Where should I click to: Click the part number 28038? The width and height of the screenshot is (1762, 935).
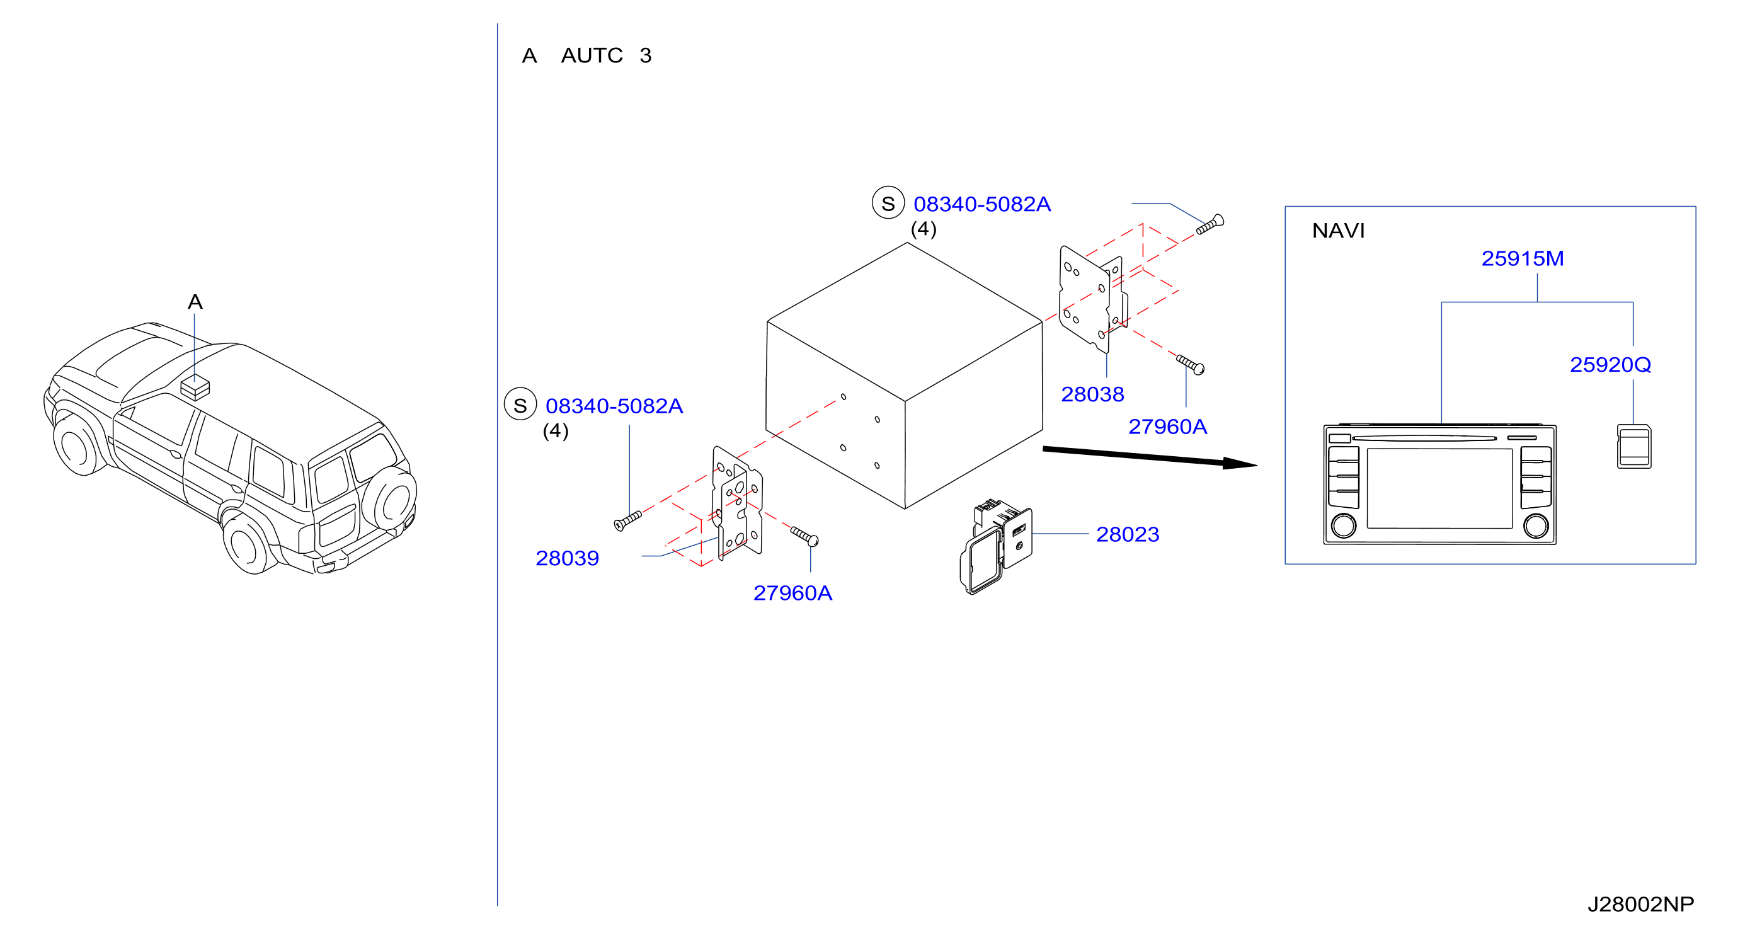coord(1092,394)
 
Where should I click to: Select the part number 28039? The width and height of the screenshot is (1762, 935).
coord(567,559)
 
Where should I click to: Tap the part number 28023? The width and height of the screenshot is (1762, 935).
coord(1127,535)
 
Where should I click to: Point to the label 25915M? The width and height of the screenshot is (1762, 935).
coord(1523,258)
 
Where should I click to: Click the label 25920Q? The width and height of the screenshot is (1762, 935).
coord(1610,365)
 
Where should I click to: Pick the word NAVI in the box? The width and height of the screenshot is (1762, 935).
coord(1338,231)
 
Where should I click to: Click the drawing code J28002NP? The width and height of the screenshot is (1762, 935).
coord(1640,905)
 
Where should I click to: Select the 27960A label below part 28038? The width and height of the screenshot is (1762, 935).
coord(1167,427)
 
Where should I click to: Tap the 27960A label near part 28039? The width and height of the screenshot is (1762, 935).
coord(792,594)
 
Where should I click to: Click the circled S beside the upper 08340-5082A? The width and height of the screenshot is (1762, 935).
coord(888,203)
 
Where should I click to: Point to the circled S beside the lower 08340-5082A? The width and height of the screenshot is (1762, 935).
coord(520,405)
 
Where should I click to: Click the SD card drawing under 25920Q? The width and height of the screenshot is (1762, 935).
coord(1634,447)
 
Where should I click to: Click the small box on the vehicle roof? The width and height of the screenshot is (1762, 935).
coord(195,388)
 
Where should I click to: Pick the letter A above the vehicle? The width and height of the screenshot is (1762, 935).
coord(195,302)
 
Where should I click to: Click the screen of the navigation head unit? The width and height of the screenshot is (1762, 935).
coord(1439,489)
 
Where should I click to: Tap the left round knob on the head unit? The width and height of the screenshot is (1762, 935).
coord(1343,526)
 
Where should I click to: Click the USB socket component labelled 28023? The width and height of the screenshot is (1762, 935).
coord(996,546)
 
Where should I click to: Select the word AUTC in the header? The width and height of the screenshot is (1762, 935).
coord(592,55)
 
